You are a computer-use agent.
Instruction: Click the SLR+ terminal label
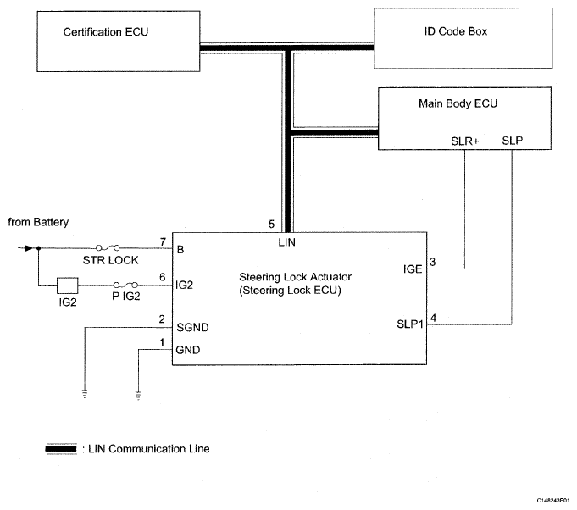pos(466,140)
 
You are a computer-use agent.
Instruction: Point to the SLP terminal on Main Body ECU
pos(513,140)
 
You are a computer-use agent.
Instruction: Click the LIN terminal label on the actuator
pos(287,242)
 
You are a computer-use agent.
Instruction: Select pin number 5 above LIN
pos(271,225)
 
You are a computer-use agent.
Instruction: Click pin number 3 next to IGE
pos(432,261)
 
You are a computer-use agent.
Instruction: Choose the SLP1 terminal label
pos(408,324)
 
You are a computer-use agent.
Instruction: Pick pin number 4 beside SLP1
pos(433,319)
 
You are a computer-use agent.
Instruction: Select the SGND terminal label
pos(191,326)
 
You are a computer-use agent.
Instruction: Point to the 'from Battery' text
pos(38,222)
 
